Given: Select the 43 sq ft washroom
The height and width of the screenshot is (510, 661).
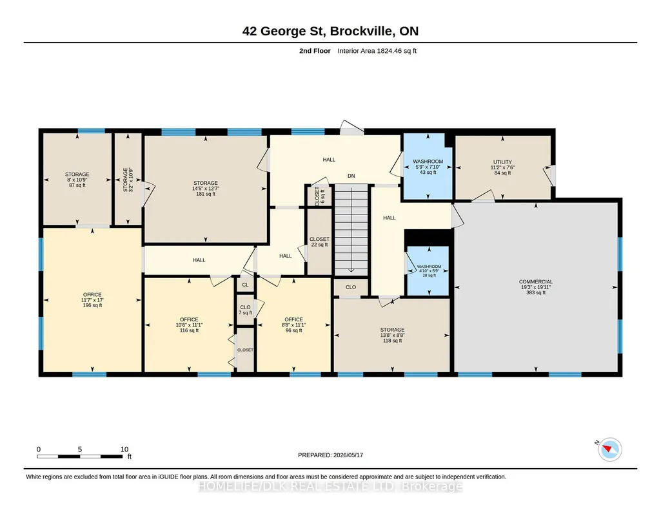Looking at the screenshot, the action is [x=428, y=167].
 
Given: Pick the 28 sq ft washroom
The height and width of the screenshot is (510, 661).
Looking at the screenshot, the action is [x=428, y=270].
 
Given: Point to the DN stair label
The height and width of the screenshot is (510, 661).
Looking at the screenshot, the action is [x=351, y=176].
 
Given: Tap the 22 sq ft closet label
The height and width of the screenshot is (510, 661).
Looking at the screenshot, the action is [x=319, y=242].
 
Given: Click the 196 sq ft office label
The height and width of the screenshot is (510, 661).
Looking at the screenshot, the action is [x=92, y=300].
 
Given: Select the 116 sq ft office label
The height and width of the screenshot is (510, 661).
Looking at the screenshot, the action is [x=189, y=325].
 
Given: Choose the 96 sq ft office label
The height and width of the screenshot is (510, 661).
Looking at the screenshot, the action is [x=293, y=325].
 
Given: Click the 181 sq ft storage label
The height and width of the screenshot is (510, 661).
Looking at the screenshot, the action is [x=206, y=189].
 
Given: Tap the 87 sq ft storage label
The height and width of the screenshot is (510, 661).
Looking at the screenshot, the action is [x=77, y=180].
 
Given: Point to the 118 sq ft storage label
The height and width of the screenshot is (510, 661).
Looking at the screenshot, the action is [x=393, y=335].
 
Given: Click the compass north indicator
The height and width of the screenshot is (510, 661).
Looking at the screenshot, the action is [x=609, y=449].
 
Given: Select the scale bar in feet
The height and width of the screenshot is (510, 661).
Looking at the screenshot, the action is [x=80, y=456].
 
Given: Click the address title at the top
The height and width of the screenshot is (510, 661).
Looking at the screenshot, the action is [x=330, y=31].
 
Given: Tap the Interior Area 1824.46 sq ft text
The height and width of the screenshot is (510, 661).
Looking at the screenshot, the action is [x=377, y=51].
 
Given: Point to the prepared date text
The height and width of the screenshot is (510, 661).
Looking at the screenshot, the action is [x=330, y=455].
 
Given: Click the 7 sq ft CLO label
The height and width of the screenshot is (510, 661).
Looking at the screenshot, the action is [x=245, y=310].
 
